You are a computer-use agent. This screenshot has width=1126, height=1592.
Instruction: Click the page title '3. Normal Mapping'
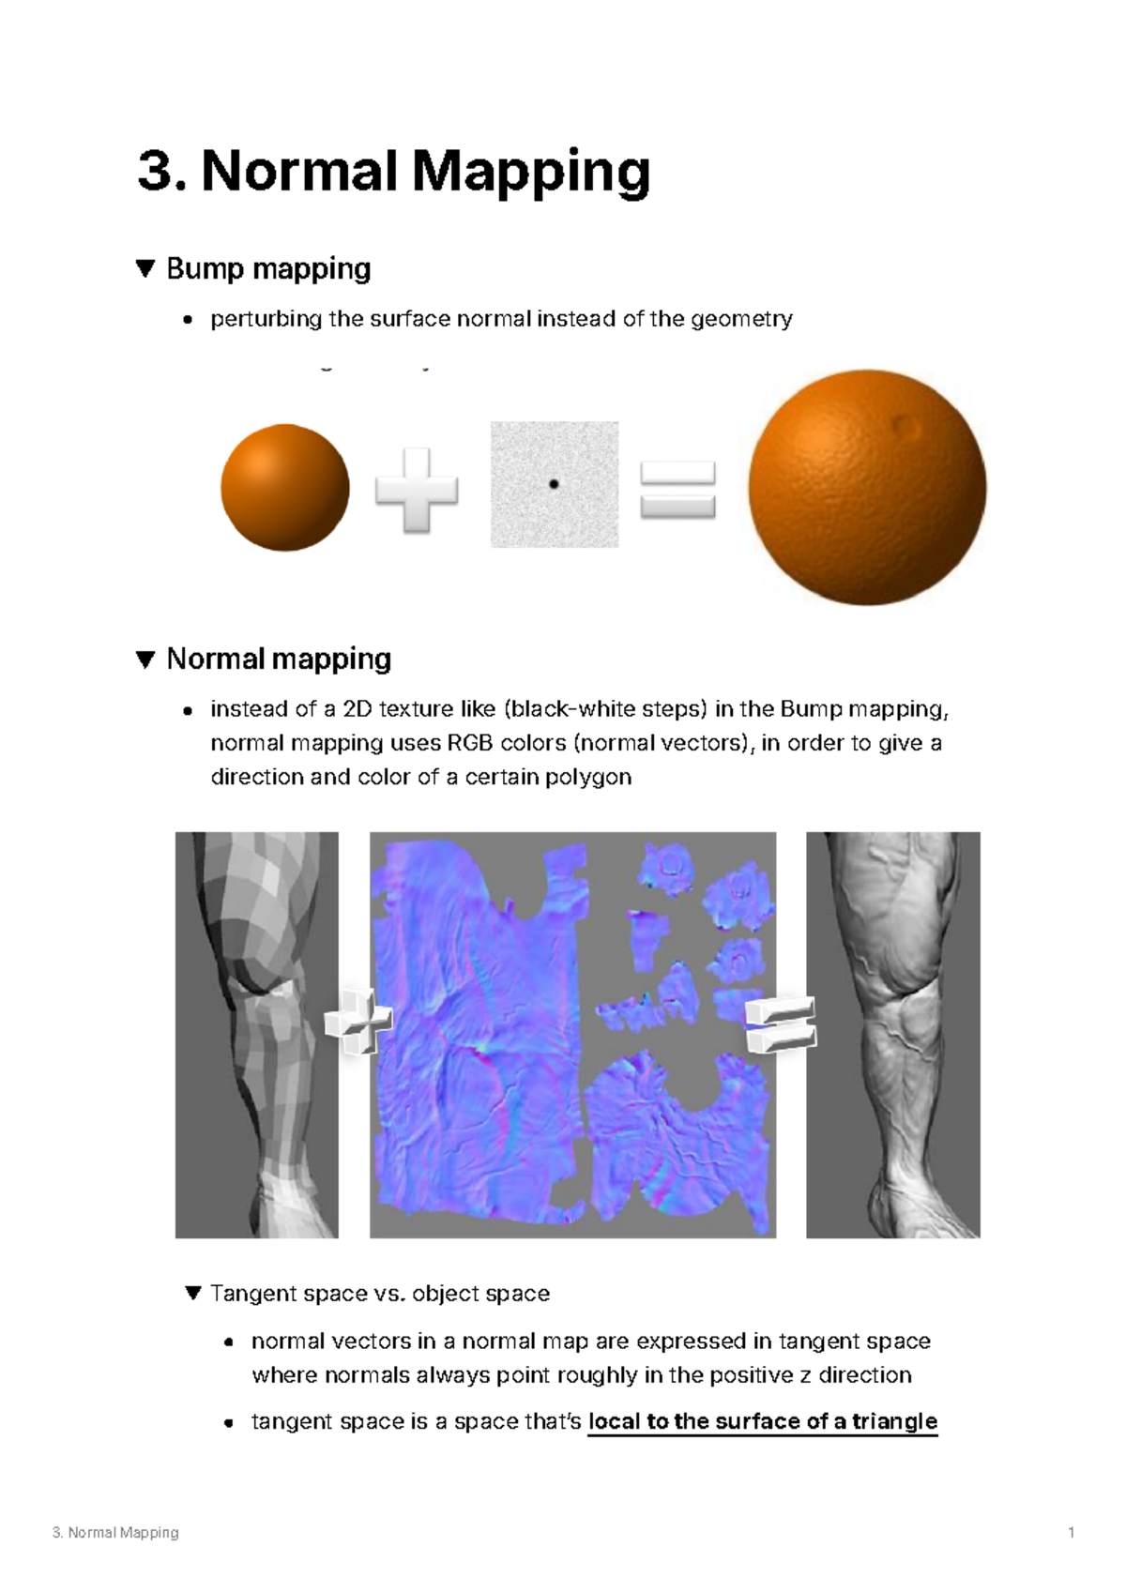(393, 172)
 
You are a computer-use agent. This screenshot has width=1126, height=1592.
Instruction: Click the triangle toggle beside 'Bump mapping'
(145, 269)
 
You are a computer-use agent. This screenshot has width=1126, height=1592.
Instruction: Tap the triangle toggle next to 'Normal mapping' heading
(145, 660)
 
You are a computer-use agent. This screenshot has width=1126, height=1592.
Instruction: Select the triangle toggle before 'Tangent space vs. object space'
(193, 1294)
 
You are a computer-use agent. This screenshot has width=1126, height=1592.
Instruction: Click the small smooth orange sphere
(285, 487)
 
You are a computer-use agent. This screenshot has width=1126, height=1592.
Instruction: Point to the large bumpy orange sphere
(866, 488)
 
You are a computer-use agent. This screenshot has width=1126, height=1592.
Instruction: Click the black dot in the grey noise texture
(554, 484)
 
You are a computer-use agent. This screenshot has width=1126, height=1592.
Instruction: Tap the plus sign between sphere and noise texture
(416, 490)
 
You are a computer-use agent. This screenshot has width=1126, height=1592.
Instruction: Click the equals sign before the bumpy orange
(677, 490)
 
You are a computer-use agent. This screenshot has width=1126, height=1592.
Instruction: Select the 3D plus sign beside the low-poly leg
(358, 1021)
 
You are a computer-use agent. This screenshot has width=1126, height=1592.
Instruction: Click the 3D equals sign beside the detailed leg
(781, 1023)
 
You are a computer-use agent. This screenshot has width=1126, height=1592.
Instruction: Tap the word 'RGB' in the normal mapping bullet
(469, 743)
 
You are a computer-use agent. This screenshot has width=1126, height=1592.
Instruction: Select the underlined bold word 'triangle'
(894, 1421)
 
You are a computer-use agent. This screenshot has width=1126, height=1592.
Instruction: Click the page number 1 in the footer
(1071, 1532)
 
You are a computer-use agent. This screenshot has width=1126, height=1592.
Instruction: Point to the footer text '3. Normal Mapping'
(115, 1532)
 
